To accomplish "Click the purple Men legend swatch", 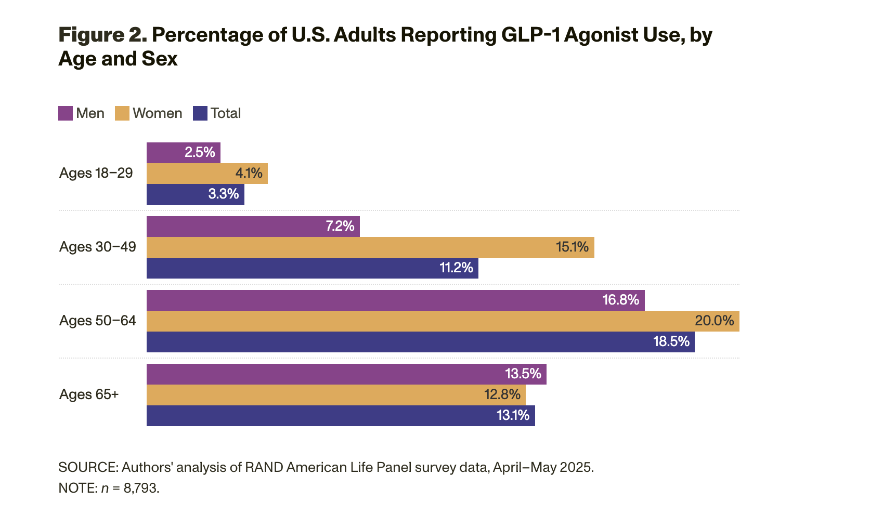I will pyautogui.click(x=66, y=113).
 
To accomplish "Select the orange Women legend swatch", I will pyautogui.click(x=122, y=113).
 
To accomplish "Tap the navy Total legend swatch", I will pyautogui.click(x=200, y=113).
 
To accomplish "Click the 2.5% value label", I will pyautogui.click(x=200, y=152).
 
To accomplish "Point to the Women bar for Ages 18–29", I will pyautogui.click(x=207, y=174).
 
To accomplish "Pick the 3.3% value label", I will pyautogui.click(x=224, y=194).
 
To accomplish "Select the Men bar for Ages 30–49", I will pyautogui.click(x=253, y=227).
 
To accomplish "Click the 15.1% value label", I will pyautogui.click(x=572, y=247).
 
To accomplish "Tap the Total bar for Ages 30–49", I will pyautogui.click(x=312, y=268).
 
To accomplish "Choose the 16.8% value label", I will pyautogui.click(x=620, y=300).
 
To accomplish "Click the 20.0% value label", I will pyautogui.click(x=714, y=321).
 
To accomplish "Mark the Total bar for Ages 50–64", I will pyautogui.click(x=420, y=342).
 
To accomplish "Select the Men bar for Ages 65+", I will pyautogui.click(x=346, y=374).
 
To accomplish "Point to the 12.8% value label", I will pyautogui.click(x=502, y=394).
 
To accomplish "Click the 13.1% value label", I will pyautogui.click(x=513, y=415).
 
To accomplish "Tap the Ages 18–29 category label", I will pyautogui.click(x=96, y=173).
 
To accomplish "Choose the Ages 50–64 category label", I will pyautogui.click(x=98, y=321).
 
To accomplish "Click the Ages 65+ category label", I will pyautogui.click(x=89, y=394).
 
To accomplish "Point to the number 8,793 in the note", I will pyautogui.click(x=140, y=489).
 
